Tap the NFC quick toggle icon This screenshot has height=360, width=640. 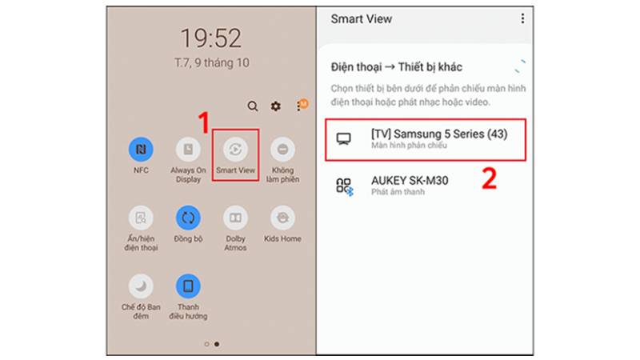[x=142, y=149]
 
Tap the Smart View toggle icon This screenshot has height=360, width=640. [x=235, y=149]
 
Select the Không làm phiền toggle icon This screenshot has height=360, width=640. [x=282, y=149]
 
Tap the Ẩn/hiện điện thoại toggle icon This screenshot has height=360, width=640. [x=142, y=217]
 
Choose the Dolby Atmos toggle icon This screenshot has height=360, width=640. [x=235, y=217]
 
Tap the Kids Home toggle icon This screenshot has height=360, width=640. [x=282, y=217]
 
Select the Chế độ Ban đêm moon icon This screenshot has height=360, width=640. [x=142, y=286]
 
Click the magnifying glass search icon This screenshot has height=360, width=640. [x=253, y=106]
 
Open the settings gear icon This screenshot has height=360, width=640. [x=276, y=106]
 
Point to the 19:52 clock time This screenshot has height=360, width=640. [x=210, y=38]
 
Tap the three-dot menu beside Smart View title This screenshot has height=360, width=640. [x=523, y=18]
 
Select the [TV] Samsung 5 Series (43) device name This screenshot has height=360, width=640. [x=439, y=134]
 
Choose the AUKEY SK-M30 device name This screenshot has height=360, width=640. [x=410, y=181]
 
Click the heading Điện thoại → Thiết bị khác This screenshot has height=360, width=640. [x=397, y=67]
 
